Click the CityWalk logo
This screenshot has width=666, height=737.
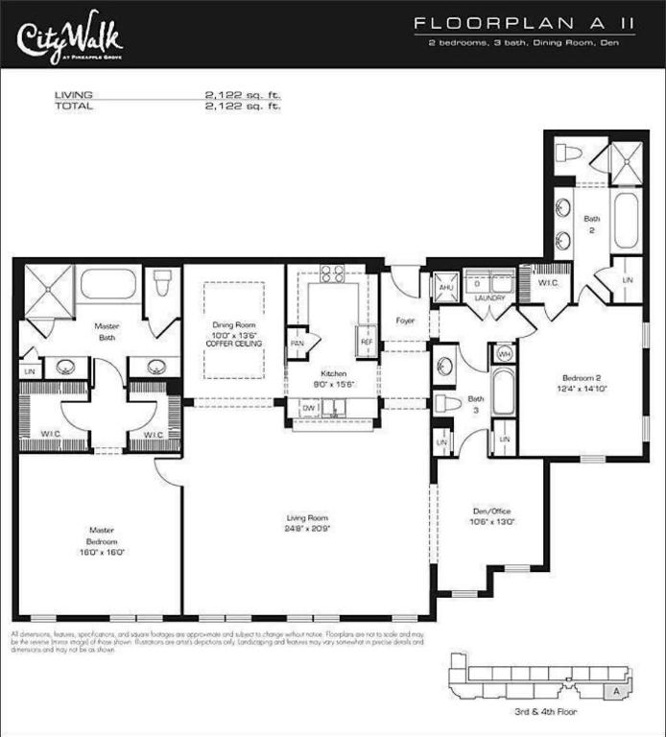pyautogui.click(x=69, y=36)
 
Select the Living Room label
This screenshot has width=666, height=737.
pyautogui.click(x=305, y=523)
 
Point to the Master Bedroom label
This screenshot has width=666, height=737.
pyautogui.click(x=103, y=540)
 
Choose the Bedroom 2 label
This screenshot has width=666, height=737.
pyautogui.click(x=582, y=383)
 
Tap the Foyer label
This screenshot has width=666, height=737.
pyautogui.click(x=405, y=321)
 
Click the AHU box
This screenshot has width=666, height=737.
pyautogui.click(x=445, y=288)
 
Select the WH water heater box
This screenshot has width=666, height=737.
pyautogui.click(x=506, y=354)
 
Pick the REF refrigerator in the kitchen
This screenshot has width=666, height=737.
pyautogui.click(x=366, y=341)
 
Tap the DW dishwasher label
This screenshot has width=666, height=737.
pyautogui.click(x=308, y=408)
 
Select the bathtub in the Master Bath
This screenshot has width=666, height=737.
pyautogui.click(x=107, y=284)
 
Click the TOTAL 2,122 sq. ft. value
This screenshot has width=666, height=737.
pyautogui.click(x=242, y=107)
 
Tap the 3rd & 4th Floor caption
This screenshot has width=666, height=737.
pyautogui.click(x=546, y=712)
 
